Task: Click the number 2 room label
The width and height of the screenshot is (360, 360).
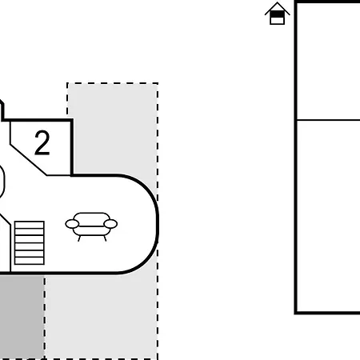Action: [42, 142]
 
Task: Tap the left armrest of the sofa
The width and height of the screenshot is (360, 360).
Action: [72, 224]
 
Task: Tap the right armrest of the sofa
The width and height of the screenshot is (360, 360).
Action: [110, 224]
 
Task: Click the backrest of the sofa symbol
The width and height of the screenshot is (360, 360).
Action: [92, 217]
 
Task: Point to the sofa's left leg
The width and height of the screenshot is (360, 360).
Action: [79, 238]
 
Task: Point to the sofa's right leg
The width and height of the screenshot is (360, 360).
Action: [105, 238]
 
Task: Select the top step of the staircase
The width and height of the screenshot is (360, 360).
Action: [30, 226]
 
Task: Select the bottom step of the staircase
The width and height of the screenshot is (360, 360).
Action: [30, 261]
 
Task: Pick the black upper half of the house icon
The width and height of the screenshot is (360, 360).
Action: [278, 14]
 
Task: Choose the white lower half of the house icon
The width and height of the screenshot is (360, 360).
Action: [278, 21]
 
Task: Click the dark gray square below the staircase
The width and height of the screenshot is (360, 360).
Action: [22, 317]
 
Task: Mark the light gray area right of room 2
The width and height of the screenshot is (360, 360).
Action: [114, 128]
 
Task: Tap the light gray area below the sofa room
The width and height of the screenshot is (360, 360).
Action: [101, 317]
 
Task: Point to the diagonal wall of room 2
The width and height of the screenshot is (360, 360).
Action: [28, 160]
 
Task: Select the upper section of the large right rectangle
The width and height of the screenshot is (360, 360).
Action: [329, 62]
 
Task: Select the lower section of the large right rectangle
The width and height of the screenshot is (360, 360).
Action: [329, 216]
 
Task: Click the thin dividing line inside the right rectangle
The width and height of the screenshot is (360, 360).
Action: [329, 120]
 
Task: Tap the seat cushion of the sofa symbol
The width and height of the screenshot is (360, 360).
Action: [91, 231]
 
